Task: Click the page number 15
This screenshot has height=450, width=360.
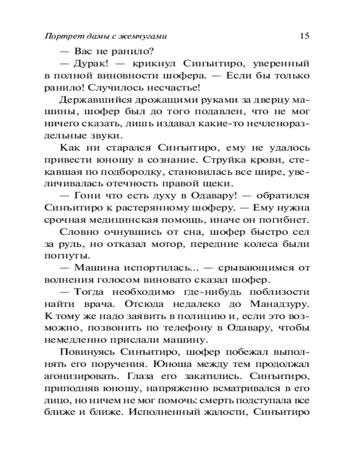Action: pyautogui.click(x=303, y=36)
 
